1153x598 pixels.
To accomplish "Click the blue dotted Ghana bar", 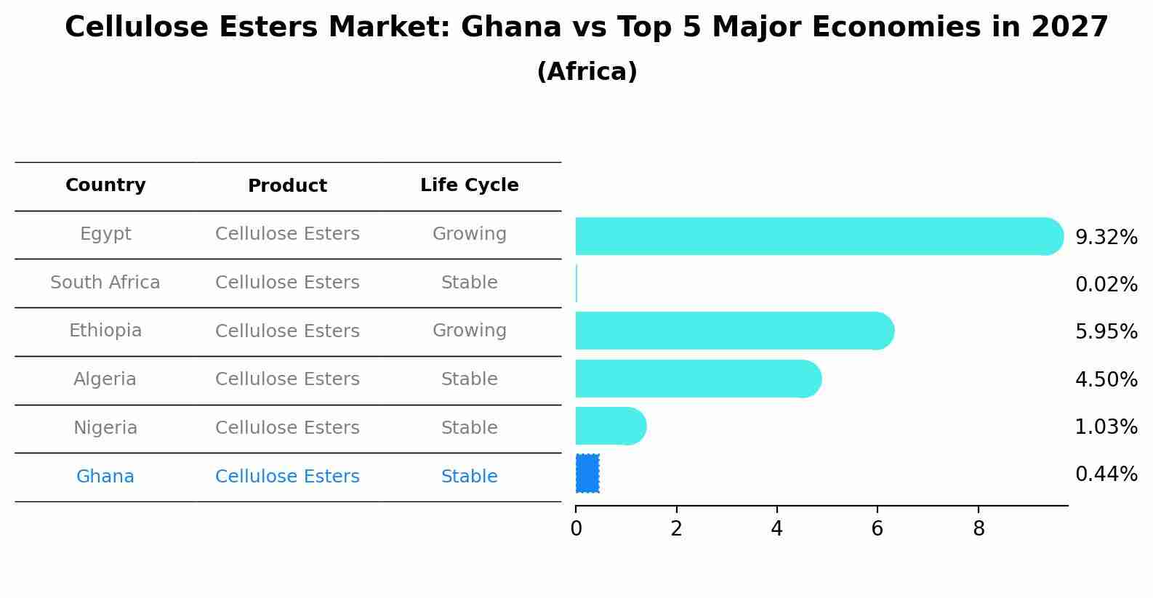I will [587, 474].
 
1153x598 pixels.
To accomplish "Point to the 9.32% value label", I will [1106, 238].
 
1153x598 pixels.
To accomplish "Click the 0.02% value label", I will [1106, 285].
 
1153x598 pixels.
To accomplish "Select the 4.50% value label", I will [1106, 379].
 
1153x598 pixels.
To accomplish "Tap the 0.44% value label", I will [1106, 474].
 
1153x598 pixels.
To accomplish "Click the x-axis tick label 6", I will [877, 529].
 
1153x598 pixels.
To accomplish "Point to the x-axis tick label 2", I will [676, 529].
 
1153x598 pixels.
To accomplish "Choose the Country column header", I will [105, 185].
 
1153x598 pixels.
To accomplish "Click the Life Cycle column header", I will [469, 185].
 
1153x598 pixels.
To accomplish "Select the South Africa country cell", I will [105, 283].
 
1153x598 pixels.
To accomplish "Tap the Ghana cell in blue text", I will [105, 477].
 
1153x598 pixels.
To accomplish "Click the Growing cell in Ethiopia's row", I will [469, 331].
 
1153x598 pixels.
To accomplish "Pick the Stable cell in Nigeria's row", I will [469, 428].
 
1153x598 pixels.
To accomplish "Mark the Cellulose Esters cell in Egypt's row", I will [287, 234].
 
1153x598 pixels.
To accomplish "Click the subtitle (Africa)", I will [587, 72].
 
